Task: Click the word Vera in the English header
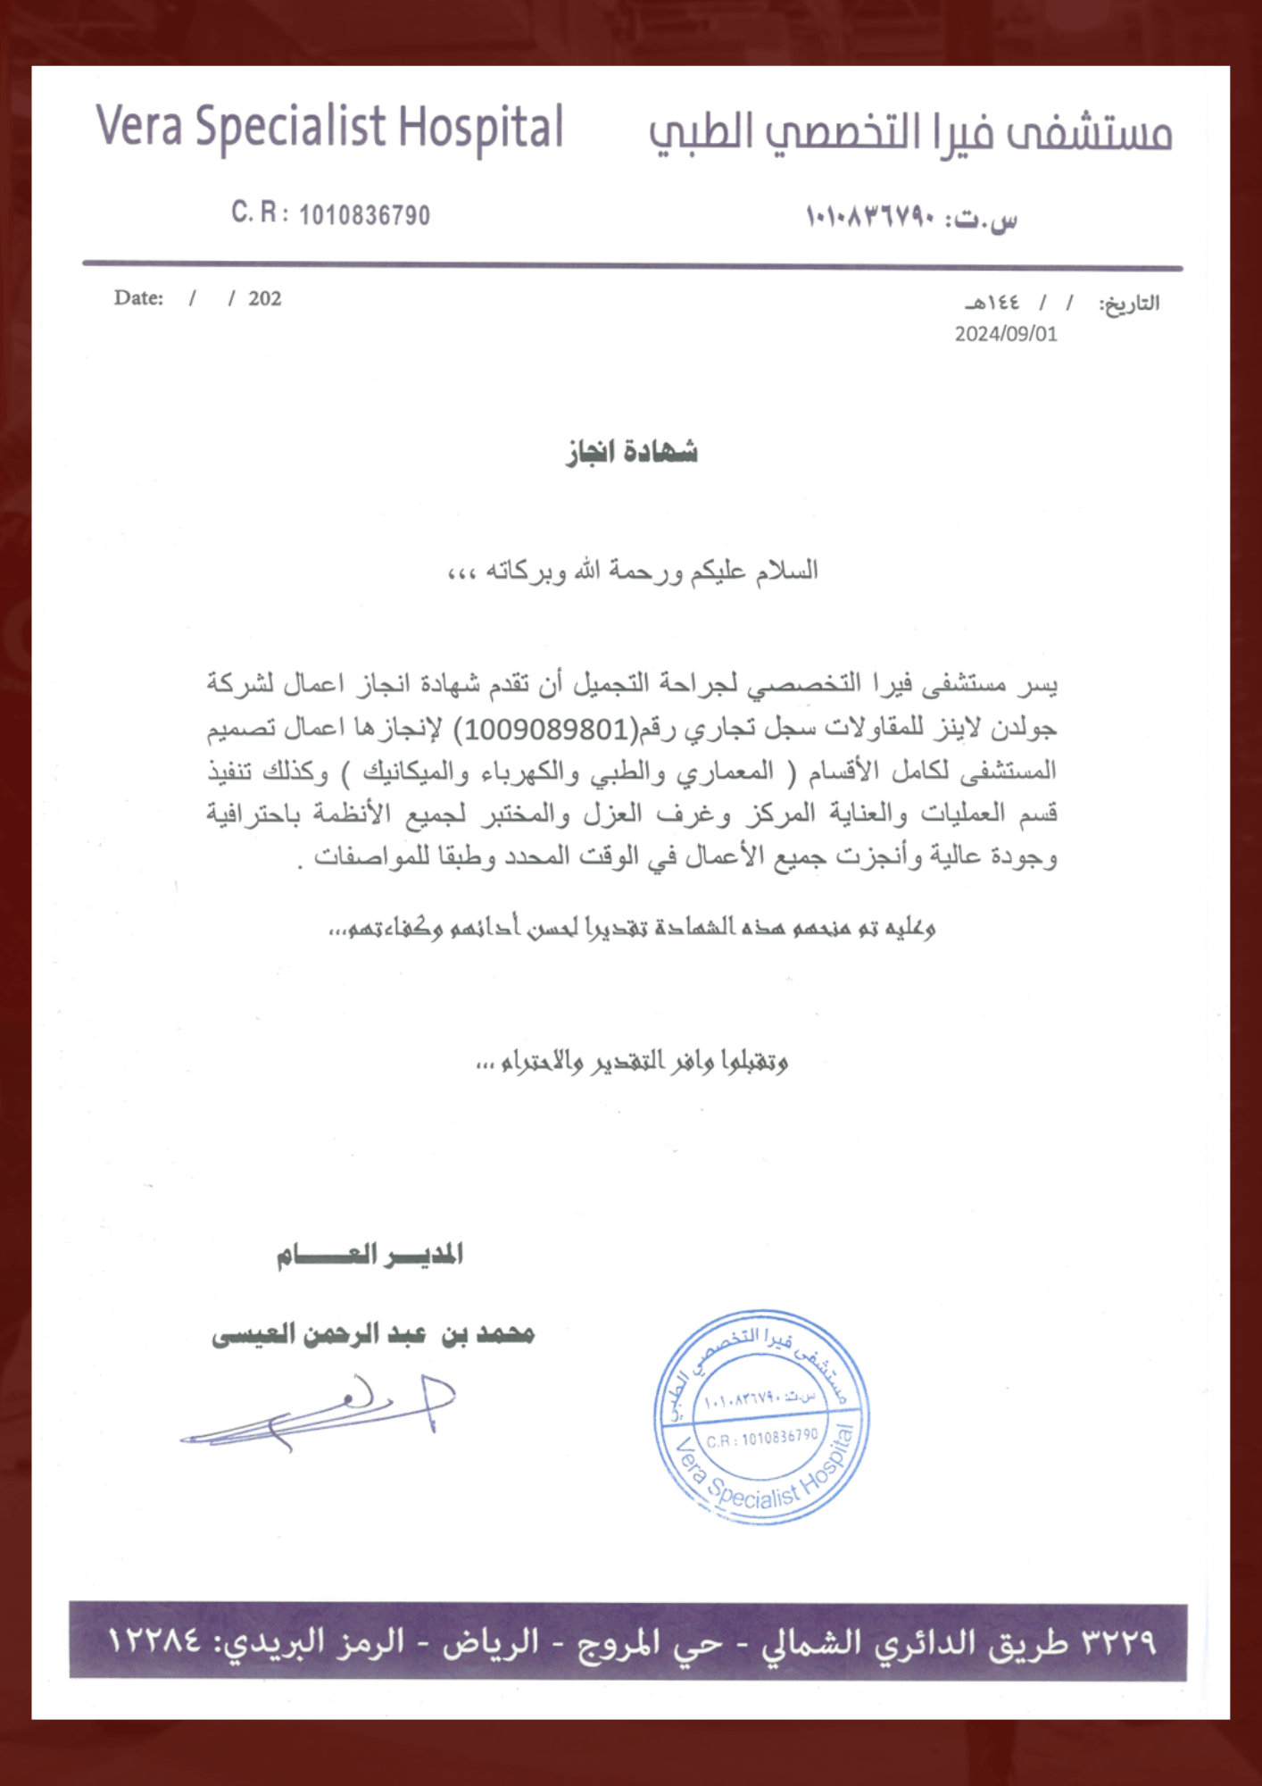[138, 126]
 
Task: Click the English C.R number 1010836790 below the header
[364, 215]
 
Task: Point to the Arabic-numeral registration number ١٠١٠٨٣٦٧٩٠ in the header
[869, 217]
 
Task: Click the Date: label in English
[138, 298]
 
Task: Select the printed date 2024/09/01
[1006, 334]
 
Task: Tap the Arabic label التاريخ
[1129, 304]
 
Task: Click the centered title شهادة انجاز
[631, 452]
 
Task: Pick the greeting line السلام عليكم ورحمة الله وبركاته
[632, 571]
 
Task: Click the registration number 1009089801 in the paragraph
[547, 729]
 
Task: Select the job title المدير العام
[369, 1255]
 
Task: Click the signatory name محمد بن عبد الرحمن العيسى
[373, 1334]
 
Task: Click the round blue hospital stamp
[761, 1418]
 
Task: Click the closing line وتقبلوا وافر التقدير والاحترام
[632, 1061]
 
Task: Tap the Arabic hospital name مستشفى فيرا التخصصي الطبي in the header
[909, 131]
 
